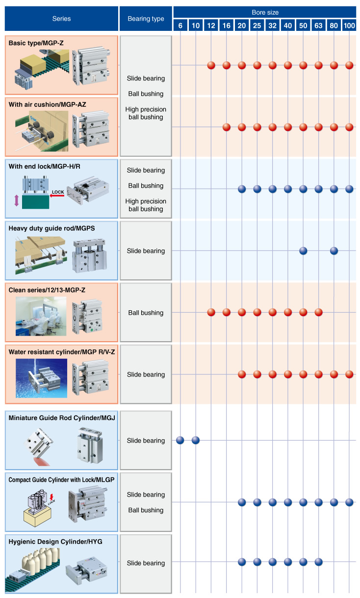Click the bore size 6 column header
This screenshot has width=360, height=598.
tap(180, 25)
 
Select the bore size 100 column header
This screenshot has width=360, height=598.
tap(349, 25)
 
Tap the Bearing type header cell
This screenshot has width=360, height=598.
tap(146, 19)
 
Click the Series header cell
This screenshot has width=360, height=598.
tap(61, 19)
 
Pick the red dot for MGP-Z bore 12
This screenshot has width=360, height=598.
tap(211, 65)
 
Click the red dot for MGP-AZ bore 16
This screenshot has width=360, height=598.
tap(227, 127)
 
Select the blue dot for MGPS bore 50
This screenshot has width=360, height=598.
tap(303, 251)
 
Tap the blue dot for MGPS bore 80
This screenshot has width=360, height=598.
tap(334, 251)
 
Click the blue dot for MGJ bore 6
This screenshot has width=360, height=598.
tap(180, 440)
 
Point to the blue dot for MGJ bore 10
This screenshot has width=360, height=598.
tap(196, 440)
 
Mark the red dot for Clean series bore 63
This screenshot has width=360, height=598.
tap(318, 312)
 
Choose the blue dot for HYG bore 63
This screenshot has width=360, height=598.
tap(318, 562)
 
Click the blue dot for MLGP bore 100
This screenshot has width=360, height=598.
tap(349, 502)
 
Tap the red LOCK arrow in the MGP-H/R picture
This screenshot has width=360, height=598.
tap(57, 195)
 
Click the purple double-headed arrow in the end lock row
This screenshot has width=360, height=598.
tap(16, 201)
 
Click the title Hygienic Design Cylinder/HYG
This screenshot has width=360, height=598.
tap(55, 541)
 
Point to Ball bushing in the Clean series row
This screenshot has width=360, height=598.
tap(146, 313)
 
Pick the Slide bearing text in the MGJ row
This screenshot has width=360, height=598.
tap(146, 441)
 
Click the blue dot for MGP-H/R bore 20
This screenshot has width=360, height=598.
tap(242, 189)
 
